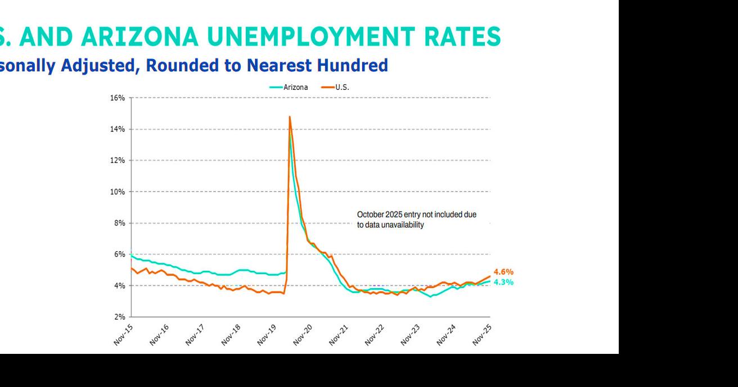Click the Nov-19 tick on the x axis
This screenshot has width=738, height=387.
tap(268, 334)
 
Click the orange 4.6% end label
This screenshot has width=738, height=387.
tap(503, 272)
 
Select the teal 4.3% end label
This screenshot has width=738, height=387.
tap(503, 282)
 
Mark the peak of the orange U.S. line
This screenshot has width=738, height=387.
tap(289, 117)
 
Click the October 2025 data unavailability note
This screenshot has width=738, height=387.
tap(416, 220)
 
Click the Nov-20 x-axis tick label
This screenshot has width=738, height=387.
tap(304, 334)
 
